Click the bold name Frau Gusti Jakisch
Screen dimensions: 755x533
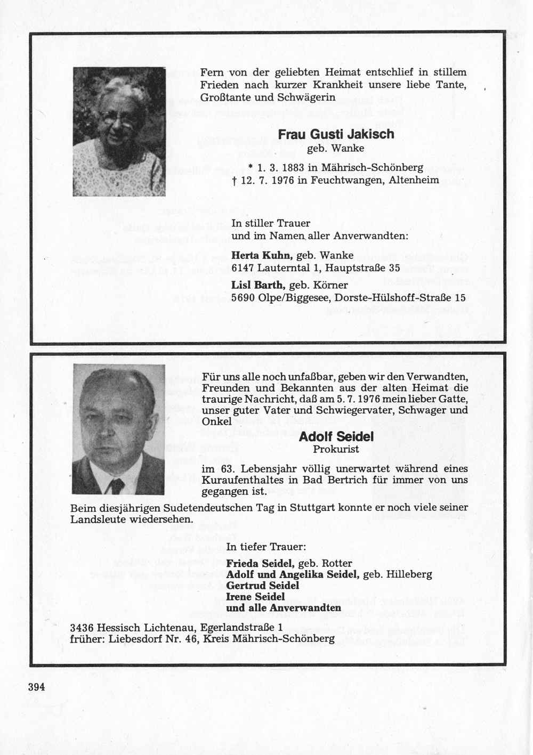(x=336, y=134)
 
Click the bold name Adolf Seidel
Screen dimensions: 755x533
(x=336, y=437)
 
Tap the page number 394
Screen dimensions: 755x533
(x=37, y=687)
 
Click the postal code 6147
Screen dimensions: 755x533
(x=243, y=267)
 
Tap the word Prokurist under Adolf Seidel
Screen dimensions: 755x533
(x=336, y=449)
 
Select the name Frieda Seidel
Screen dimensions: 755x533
(x=260, y=563)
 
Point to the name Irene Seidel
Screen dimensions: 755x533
(x=255, y=597)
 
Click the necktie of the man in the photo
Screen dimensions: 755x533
(x=117, y=485)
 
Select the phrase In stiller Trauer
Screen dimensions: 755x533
(x=271, y=224)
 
